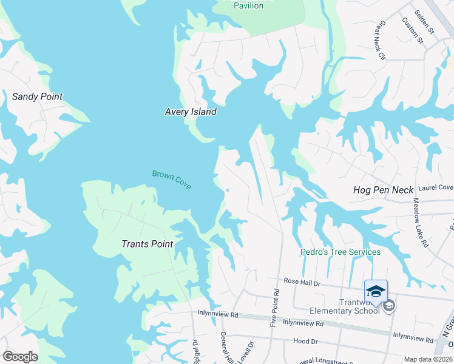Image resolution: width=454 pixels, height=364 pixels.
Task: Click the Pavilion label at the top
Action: click(249, 5)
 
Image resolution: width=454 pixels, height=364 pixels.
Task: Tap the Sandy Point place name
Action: click(37, 96)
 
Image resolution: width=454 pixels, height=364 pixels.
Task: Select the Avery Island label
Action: click(191, 112)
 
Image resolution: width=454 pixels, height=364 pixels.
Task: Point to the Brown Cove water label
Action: click(172, 179)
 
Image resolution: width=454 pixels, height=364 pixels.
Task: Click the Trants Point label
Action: click(147, 244)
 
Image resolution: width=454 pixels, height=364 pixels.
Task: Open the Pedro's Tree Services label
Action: click(340, 252)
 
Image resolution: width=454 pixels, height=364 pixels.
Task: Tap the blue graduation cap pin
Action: click(376, 292)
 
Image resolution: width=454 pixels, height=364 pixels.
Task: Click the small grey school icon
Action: click(389, 306)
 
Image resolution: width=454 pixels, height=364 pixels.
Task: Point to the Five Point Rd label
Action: click(276, 308)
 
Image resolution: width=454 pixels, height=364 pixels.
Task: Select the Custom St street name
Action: click(412, 30)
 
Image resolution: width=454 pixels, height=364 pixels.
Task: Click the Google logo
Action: click(19, 357)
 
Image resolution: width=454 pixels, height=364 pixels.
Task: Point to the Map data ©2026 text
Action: click(427, 359)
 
